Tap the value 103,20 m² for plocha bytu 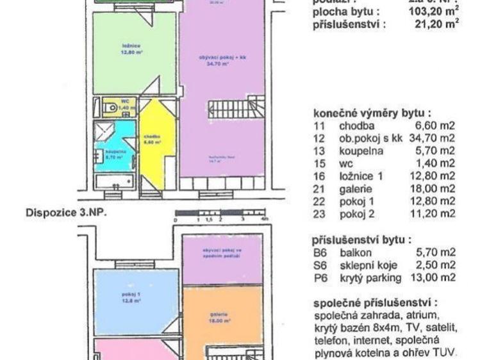(x=434, y=11)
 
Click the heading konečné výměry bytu (x=372, y=111)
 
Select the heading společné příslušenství (x=375, y=302)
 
